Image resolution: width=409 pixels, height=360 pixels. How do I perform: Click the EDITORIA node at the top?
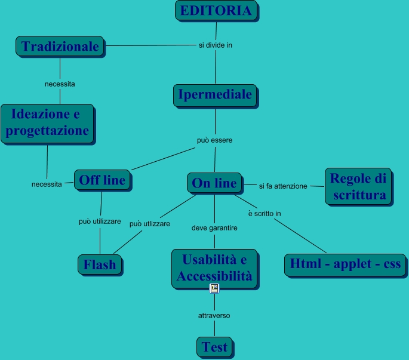pyautogui.click(x=216, y=11)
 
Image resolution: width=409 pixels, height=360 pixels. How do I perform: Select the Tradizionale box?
pyautogui.click(x=60, y=46)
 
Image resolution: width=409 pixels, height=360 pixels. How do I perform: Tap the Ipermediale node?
pyautogui.click(x=215, y=94)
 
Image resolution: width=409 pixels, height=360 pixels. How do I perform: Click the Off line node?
pyautogui.click(x=102, y=180)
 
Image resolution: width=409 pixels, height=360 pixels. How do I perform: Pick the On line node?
pyautogui.click(x=214, y=183)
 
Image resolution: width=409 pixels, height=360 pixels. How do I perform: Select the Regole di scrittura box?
pyautogui.click(x=358, y=186)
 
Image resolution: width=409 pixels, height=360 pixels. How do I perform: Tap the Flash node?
pyautogui.click(x=100, y=264)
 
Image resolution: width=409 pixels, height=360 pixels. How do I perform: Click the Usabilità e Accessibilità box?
pyautogui.click(x=214, y=267)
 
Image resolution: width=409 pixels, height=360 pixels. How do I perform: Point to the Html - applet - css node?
pyautogui.click(x=346, y=263)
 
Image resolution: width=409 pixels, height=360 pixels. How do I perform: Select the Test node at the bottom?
pyautogui.click(x=214, y=346)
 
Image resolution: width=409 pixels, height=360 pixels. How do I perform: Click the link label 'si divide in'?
pyautogui.click(x=215, y=45)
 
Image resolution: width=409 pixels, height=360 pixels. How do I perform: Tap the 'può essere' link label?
pyautogui.click(x=214, y=140)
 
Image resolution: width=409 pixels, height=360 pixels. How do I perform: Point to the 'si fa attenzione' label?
pyautogui.click(x=283, y=186)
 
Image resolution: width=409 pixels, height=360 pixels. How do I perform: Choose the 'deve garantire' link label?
pyautogui.click(x=214, y=228)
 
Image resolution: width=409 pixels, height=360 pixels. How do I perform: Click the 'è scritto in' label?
pyautogui.click(x=265, y=213)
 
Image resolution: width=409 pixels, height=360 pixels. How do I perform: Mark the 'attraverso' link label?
pyautogui.click(x=214, y=315)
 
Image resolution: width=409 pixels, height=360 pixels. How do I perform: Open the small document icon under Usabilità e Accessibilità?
pyautogui.click(x=214, y=289)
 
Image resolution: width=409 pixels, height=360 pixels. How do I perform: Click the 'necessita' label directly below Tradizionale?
pyautogui.click(x=60, y=84)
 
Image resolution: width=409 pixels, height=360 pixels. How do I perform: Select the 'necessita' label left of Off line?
pyautogui.click(x=47, y=184)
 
